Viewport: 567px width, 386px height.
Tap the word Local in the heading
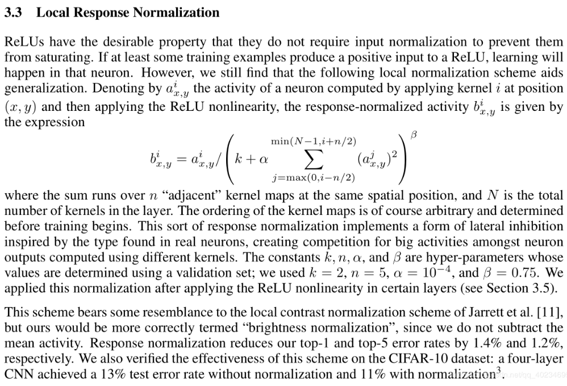coord(52,13)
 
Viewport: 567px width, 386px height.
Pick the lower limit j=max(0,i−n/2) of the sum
coord(314,179)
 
